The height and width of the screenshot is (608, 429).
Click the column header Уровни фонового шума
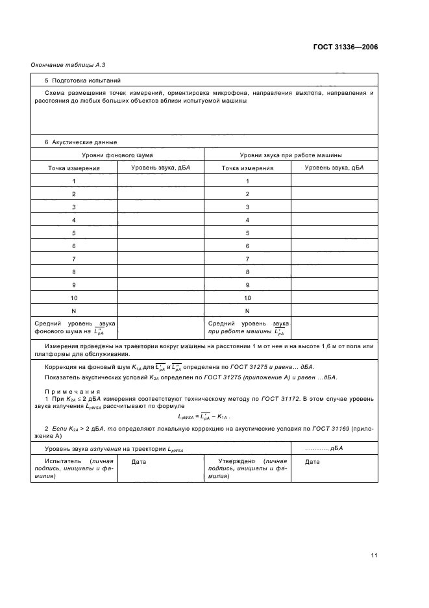pos(117,155)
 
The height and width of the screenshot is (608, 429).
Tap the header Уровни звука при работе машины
pos(291,155)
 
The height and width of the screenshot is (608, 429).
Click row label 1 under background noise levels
pos(74,181)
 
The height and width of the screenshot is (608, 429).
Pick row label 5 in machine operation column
pos(247,233)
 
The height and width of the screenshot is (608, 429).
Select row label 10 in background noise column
pos(74,298)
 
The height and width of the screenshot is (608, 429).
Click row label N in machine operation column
pos(247,310)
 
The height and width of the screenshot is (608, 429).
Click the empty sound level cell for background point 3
pos(160,207)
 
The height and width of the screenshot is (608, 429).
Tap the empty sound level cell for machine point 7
pos(334,259)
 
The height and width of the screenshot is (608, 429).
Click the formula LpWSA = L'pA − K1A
pos(204,416)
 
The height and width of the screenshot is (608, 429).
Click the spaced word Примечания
pos(72,391)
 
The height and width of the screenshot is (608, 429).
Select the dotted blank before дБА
pos(316,448)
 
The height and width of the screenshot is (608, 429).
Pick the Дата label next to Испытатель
pos(139,462)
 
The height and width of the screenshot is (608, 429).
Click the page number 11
pos(374,555)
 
